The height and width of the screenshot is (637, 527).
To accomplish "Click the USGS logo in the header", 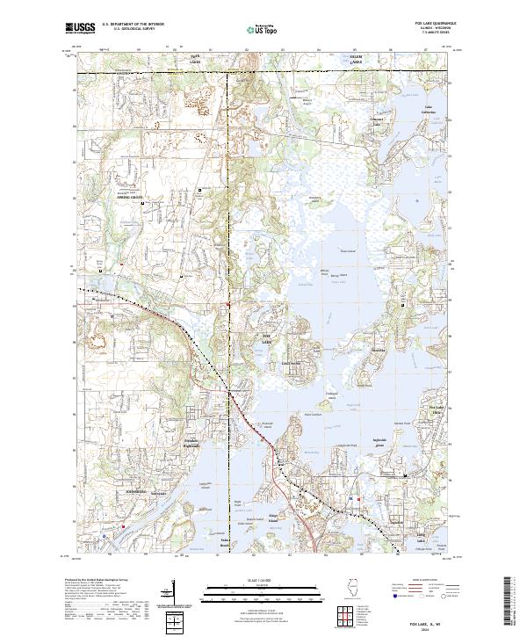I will pyautogui.click(x=78, y=28).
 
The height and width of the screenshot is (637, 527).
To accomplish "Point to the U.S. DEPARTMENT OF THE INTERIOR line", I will pyautogui.click(x=133, y=24).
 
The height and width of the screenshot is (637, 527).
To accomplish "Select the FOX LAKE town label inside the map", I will pyautogui.click(x=270, y=337).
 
